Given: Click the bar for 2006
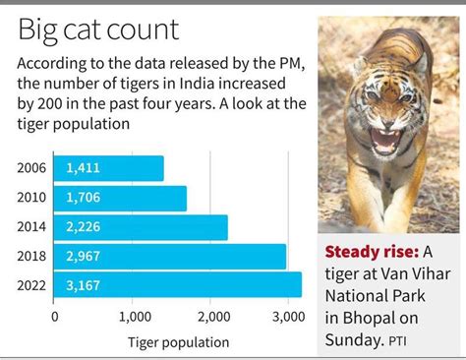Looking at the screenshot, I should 108,168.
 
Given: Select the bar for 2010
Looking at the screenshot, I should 120,198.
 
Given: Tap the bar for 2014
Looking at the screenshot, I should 141,227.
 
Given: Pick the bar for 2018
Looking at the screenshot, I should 170,257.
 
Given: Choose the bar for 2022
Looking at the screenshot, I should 178,285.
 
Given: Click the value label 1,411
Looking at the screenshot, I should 83,168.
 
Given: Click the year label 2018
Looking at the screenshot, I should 31,257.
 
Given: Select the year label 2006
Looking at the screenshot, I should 31,168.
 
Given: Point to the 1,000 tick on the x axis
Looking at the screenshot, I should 134,317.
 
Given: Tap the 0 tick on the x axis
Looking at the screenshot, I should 55,317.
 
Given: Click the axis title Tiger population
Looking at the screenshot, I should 178,342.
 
